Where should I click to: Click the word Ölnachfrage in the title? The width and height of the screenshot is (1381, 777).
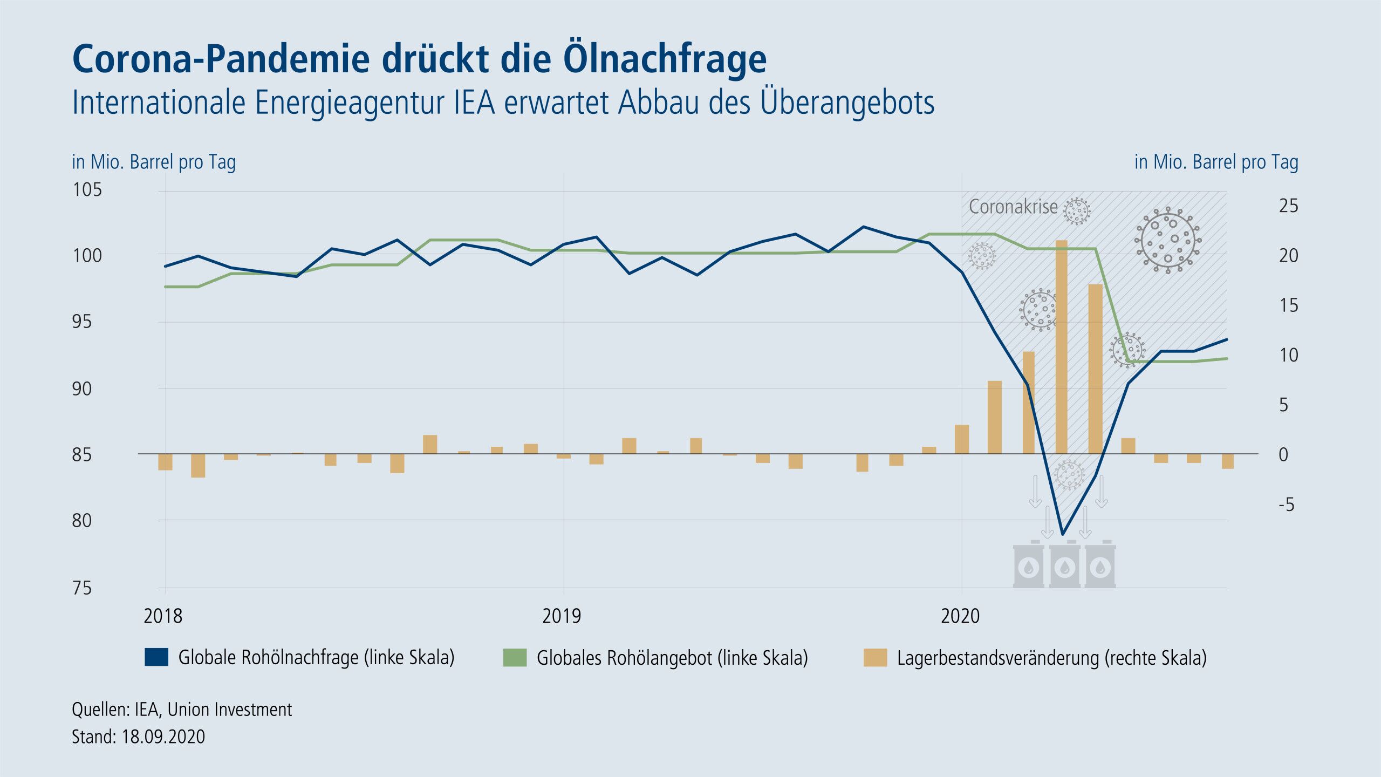pyautogui.click(x=665, y=58)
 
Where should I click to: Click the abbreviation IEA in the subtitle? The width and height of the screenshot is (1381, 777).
pyautogui.click(x=474, y=103)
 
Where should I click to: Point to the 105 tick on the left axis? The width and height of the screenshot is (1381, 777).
pyautogui.click(x=87, y=190)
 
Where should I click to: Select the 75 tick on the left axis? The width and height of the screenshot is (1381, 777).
pyautogui.click(x=82, y=588)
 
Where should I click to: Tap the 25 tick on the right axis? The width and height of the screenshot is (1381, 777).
pyautogui.click(x=1288, y=206)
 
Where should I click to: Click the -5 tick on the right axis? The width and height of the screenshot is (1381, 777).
pyautogui.click(x=1286, y=505)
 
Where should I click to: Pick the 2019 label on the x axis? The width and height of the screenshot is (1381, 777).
pyautogui.click(x=562, y=616)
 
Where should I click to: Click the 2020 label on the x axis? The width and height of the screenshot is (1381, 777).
pyautogui.click(x=960, y=616)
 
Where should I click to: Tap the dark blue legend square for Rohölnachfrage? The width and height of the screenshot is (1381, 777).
pyautogui.click(x=156, y=657)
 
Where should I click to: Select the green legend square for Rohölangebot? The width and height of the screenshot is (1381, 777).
pyautogui.click(x=515, y=658)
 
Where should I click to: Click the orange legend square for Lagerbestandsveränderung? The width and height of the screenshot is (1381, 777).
pyautogui.click(x=875, y=658)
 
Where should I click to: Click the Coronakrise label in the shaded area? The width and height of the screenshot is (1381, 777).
pyautogui.click(x=1013, y=207)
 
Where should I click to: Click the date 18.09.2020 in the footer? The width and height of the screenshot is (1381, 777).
pyautogui.click(x=163, y=737)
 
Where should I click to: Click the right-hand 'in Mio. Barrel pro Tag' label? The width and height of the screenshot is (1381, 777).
pyautogui.click(x=1216, y=162)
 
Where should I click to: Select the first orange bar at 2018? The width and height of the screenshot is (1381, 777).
pyautogui.click(x=165, y=462)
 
